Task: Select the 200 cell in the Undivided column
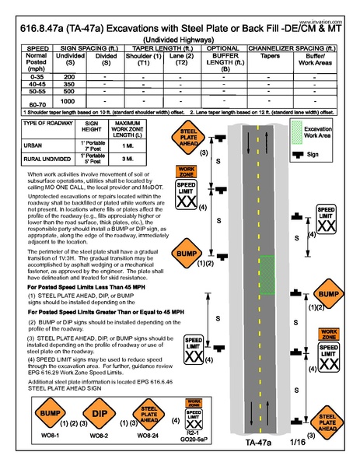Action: (69, 77)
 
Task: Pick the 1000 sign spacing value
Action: (68, 101)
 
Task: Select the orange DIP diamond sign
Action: (98, 413)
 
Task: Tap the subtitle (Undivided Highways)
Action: (179, 37)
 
